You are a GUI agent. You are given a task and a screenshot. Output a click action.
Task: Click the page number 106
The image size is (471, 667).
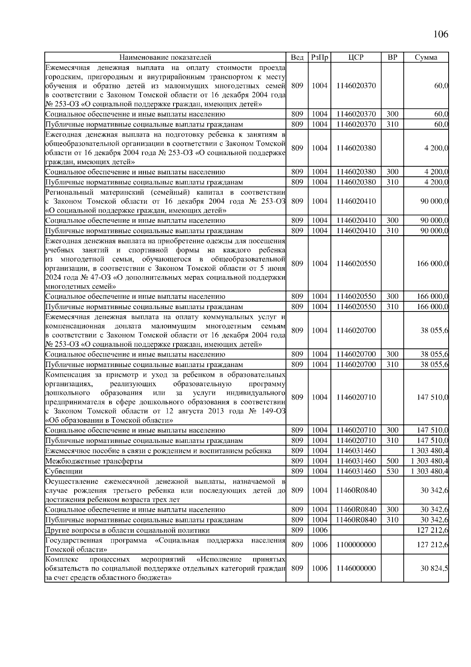point(440,34)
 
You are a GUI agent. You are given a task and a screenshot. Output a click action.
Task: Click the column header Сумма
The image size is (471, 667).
point(426,57)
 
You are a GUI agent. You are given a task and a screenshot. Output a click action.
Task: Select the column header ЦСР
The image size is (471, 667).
point(356,57)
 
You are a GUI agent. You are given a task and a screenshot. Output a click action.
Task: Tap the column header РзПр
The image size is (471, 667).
point(319,57)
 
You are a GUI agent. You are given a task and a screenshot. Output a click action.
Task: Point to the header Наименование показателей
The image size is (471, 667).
point(165,57)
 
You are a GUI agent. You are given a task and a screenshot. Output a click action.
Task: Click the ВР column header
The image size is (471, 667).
point(392,57)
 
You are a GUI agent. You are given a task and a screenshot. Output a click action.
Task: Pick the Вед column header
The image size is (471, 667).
point(297,57)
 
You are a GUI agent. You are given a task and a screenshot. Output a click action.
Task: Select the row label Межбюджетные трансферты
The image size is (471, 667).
point(94,461)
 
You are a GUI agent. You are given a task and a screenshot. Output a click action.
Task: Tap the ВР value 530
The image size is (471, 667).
point(392,471)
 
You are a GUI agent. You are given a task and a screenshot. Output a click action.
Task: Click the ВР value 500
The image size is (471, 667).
point(392,461)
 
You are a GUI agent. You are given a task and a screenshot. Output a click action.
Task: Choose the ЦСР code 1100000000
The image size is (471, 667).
point(356,544)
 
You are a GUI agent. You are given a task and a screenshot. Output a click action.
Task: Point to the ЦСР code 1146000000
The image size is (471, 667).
point(356,568)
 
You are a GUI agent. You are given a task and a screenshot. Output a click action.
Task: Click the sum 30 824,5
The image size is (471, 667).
point(434,568)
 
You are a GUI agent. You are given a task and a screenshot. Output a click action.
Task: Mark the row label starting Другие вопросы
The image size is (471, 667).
point(128,530)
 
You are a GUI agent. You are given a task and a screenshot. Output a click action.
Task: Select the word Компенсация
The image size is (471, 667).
point(68,374)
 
